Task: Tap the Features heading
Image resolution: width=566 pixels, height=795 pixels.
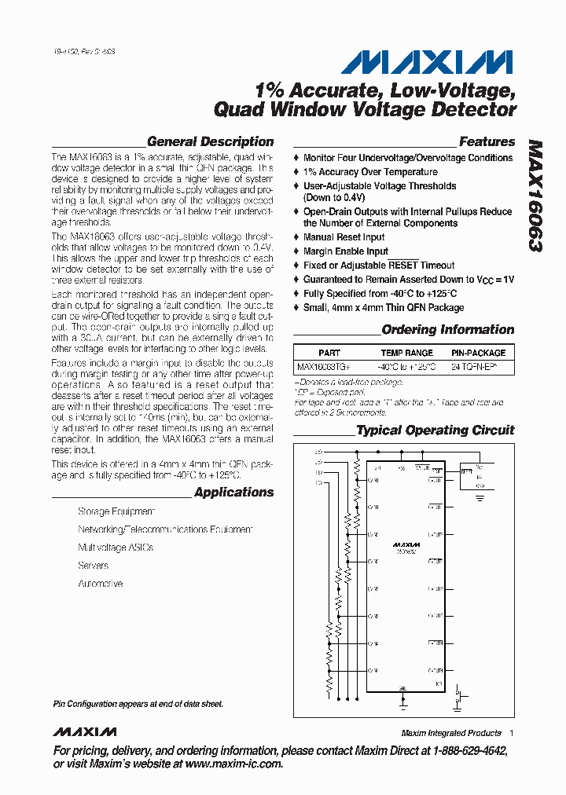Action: tap(487, 142)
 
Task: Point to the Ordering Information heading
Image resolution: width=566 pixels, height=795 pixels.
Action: tap(447, 330)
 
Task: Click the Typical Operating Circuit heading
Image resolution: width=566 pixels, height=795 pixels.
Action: tap(435, 430)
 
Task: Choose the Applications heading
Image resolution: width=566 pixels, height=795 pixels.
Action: tap(233, 493)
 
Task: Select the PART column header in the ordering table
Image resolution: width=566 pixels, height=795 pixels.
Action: tap(329, 353)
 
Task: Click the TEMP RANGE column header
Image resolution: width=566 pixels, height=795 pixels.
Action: tap(406, 353)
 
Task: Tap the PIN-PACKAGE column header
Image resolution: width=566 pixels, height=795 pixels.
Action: tap(478, 353)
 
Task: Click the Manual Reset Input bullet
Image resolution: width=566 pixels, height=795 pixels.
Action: tap(344, 237)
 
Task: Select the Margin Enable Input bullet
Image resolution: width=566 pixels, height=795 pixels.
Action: tap(345, 251)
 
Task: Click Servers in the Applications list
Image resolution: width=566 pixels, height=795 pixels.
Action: tap(93, 566)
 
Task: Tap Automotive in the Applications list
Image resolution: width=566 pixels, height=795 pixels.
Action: tap(101, 584)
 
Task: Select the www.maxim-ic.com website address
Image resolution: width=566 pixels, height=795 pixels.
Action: tap(233, 764)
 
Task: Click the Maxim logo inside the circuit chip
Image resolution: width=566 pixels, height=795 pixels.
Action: tap(407, 544)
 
